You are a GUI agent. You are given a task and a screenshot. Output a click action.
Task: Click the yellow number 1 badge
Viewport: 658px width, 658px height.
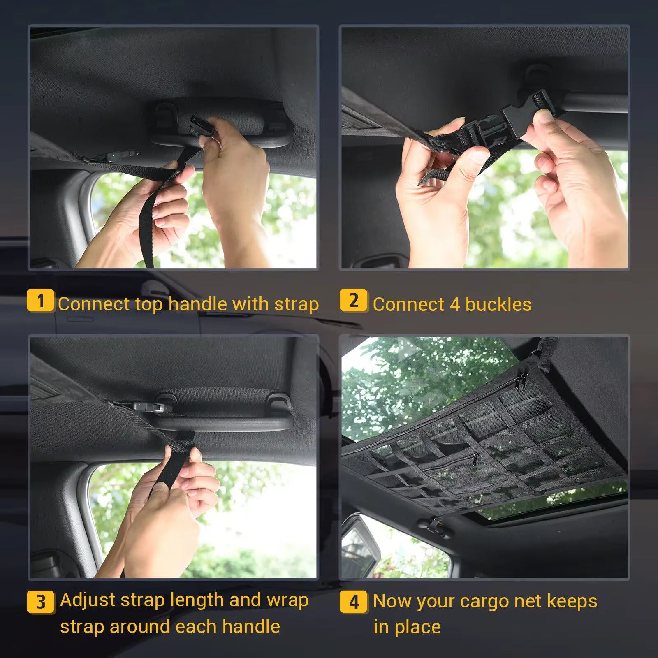(x=40, y=301)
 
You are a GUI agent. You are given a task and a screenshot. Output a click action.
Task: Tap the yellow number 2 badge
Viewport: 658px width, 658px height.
(x=354, y=301)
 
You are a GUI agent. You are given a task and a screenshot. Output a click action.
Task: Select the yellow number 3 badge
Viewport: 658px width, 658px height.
(x=40, y=602)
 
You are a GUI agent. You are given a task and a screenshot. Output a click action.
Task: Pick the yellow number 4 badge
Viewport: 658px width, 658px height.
(x=354, y=602)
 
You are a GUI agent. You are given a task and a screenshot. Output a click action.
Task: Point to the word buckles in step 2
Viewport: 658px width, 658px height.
(x=498, y=305)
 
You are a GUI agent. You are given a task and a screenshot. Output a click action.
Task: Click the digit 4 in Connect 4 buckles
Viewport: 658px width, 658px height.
(x=454, y=305)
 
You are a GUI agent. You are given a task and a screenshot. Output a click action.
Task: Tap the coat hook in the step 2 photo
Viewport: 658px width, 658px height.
(x=535, y=74)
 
